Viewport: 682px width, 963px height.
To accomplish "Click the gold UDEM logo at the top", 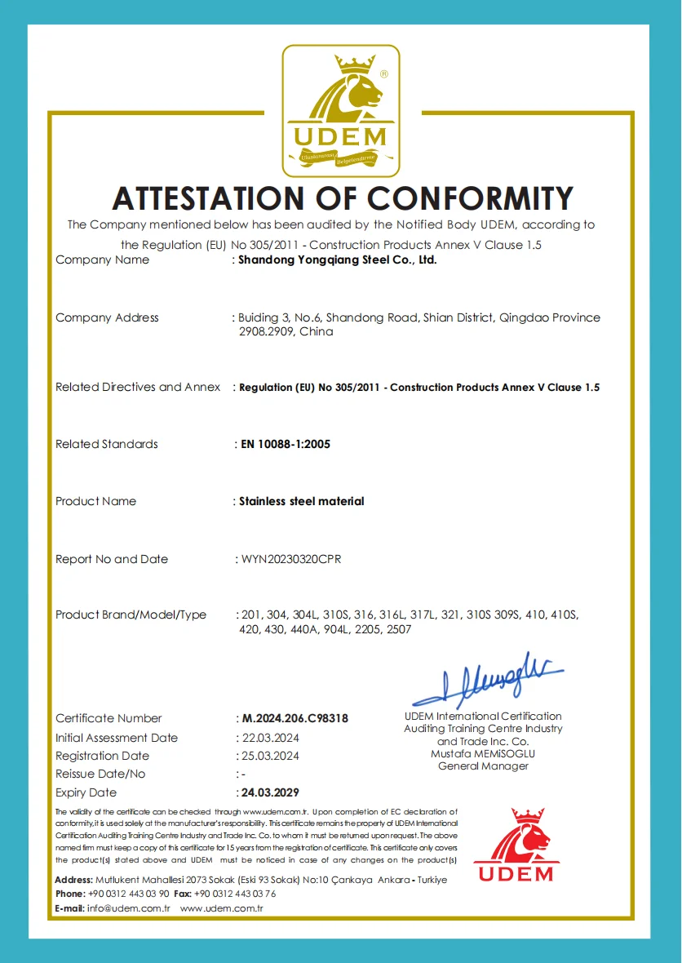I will coord(341,111).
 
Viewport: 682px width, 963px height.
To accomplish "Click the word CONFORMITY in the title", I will coord(470,198).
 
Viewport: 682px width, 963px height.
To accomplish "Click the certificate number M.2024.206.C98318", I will coord(295,719).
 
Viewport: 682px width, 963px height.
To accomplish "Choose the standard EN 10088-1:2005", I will coord(285,445).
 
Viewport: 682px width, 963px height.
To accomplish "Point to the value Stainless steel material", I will coord(302,501).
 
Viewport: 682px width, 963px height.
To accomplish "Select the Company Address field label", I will coord(107,317).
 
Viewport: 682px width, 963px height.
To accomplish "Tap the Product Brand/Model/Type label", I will coord(131,615).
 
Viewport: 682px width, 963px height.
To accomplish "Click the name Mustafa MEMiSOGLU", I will coord(483,753).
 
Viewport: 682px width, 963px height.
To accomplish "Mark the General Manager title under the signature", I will coord(483,766).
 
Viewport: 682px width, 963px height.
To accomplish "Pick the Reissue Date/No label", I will coord(100,774).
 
